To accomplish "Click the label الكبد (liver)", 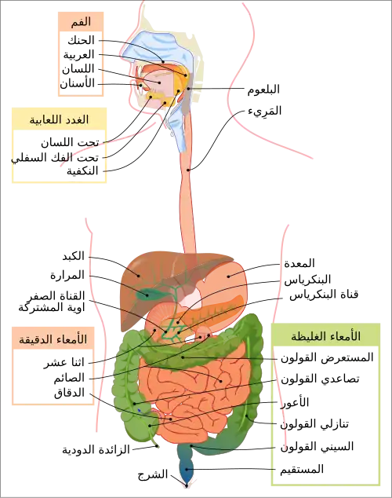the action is (x=74, y=256).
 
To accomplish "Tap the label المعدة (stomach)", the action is (x=299, y=263).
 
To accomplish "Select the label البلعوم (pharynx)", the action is (x=263, y=90).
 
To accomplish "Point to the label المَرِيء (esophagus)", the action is (x=265, y=111).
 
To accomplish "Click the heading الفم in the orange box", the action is (x=81, y=22).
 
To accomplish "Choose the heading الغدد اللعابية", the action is (x=60, y=119).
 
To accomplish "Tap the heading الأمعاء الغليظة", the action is (x=326, y=336).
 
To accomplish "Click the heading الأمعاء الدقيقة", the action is (x=53, y=339).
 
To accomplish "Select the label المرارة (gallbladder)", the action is (x=67, y=275).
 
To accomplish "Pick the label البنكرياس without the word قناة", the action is (x=307, y=280).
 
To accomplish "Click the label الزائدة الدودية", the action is (x=96, y=450).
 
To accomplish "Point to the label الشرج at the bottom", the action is (x=153, y=474).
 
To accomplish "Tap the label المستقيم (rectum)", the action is (x=302, y=469).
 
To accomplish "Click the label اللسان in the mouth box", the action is (x=78, y=69).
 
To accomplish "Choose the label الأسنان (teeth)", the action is (x=78, y=83).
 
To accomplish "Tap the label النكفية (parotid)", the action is (x=82, y=171).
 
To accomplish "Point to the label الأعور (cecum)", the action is (x=295, y=402).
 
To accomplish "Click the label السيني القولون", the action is (x=317, y=447).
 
